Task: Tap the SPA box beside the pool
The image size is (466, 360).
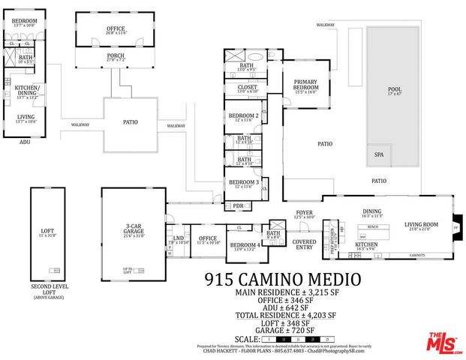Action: pos(378,156)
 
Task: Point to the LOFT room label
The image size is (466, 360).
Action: pos(49,231)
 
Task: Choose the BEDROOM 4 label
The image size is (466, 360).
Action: pos(245,246)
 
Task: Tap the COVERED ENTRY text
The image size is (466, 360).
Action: pos(304,244)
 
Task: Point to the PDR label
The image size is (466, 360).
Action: pos(238,205)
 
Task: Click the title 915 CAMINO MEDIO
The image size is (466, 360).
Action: pos(282,280)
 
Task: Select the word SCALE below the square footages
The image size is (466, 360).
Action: pos(247,339)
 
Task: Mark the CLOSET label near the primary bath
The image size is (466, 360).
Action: pos(248,88)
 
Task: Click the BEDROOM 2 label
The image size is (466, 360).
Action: pos(243,116)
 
